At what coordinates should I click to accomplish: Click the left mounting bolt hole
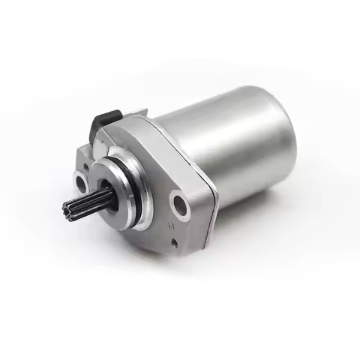coord(81,181)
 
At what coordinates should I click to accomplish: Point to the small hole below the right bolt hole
coord(174,242)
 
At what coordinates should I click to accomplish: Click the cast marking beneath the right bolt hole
coord(172,224)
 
